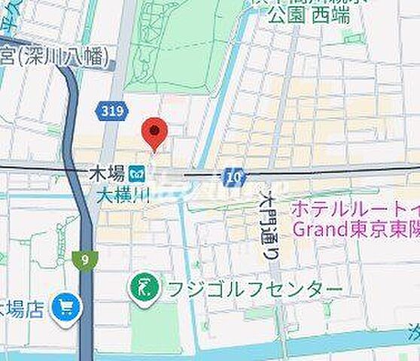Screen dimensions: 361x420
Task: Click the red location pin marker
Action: [x=154, y=133]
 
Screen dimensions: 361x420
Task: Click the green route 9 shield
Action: [x=82, y=259]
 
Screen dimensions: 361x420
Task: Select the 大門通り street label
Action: [x=269, y=223]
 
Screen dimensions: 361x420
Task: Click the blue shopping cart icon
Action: [x=66, y=307]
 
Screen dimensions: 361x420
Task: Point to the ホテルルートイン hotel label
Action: [x=354, y=207]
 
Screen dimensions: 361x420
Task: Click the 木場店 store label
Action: [x=23, y=308]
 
